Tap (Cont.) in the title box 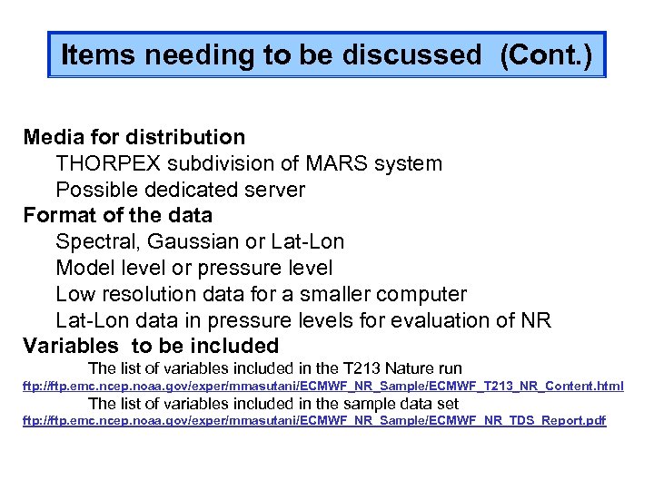(x=545, y=56)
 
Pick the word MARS (x=335, y=164)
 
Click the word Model (x=84, y=269)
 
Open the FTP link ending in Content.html (x=322, y=387)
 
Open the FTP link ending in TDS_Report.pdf (x=313, y=421)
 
